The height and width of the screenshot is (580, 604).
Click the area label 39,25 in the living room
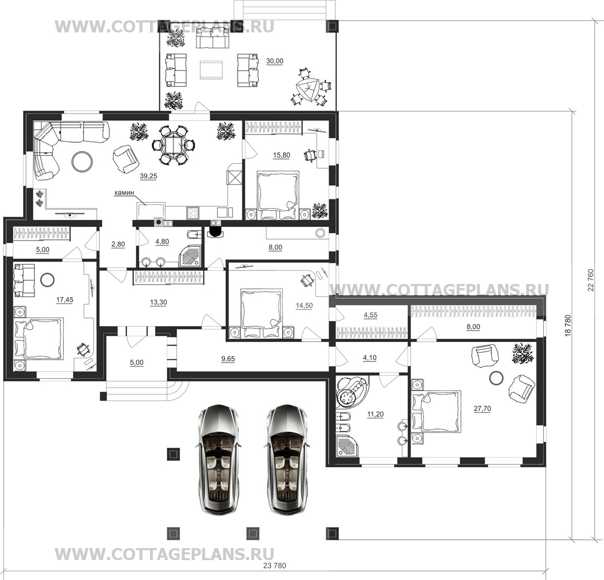(148, 176)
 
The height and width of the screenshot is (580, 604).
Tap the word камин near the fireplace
(124, 192)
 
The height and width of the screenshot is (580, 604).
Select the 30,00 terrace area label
(275, 61)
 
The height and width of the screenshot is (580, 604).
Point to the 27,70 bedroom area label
(482, 408)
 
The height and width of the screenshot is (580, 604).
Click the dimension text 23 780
(274, 566)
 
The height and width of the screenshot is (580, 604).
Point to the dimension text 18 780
(568, 326)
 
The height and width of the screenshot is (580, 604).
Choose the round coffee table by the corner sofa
(82, 161)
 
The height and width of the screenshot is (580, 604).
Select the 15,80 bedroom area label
(282, 155)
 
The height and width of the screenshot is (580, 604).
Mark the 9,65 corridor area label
(228, 359)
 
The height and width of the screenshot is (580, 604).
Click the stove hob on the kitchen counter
(193, 213)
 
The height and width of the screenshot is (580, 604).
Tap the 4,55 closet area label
(370, 315)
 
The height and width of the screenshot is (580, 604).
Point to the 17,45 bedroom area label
(65, 300)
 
